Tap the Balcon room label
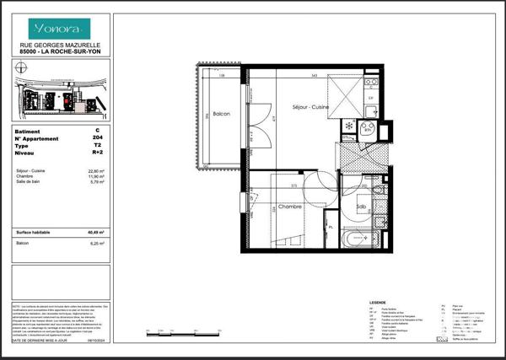(x=221, y=114)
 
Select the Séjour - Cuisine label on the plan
(x=310, y=108)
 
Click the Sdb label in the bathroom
(x=360, y=207)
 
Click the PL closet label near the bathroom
(x=331, y=225)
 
